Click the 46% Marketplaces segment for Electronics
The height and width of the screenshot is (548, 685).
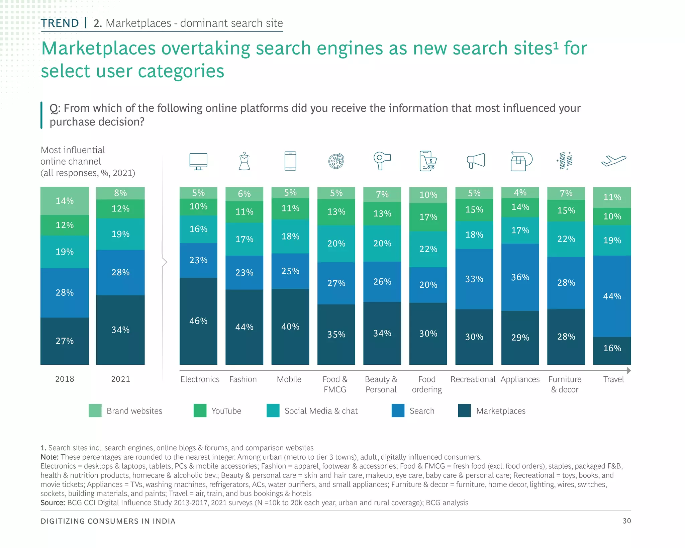[198, 321]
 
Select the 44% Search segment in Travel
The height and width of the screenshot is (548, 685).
[612, 296]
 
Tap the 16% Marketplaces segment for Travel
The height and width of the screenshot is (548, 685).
[612, 350]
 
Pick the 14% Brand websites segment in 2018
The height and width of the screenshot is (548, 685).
[65, 201]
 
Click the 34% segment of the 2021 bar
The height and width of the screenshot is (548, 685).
[120, 330]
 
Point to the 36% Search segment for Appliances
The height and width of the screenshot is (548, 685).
[520, 277]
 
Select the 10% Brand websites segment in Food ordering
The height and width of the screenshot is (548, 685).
[428, 195]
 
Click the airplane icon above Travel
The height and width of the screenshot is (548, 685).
[613, 161]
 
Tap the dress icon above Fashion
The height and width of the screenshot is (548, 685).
[244, 161]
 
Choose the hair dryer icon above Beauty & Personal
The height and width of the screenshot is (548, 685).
[382, 161]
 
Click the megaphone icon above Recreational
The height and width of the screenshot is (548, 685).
[476, 161]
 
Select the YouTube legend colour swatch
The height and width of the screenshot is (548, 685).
[200, 410]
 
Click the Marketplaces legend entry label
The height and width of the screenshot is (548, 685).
[500, 411]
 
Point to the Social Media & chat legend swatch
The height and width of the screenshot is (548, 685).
[273, 410]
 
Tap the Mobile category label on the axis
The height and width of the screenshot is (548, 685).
[289, 379]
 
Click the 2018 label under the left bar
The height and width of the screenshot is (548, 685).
[65, 379]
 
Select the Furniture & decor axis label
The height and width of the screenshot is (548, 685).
[565, 384]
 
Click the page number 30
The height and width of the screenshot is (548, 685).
[626, 521]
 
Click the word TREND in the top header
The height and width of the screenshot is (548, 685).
[60, 23]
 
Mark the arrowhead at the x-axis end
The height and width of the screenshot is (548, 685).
[629, 370]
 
